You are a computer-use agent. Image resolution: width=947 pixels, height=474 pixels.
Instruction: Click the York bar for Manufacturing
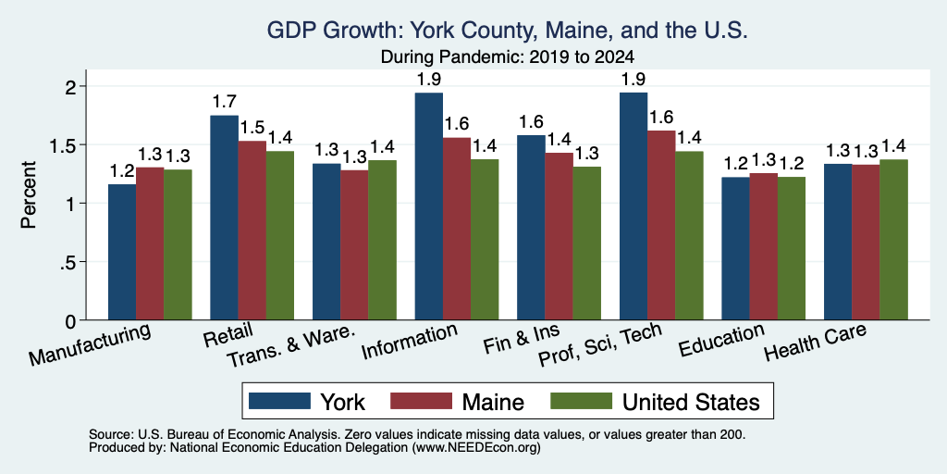(122, 252)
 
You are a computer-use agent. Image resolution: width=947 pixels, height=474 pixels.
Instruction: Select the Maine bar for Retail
(252, 231)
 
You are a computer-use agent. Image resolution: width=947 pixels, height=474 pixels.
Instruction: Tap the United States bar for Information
(485, 240)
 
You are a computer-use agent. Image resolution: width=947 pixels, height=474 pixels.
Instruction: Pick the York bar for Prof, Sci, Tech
(633, 206)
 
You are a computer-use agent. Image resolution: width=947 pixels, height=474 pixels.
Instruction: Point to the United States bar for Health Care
(893, 240)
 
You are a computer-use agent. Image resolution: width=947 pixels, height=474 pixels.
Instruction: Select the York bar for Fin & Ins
(531, 228)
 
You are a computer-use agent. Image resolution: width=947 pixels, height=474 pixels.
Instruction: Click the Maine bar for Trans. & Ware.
(354, 244)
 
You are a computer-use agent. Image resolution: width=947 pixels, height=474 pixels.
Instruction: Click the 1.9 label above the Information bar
(429, 79)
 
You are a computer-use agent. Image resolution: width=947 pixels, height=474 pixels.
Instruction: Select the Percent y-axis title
(29, 194)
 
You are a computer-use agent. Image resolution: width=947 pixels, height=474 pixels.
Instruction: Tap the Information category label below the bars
(409, 342)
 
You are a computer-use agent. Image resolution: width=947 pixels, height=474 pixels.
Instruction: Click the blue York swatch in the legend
(279, 401)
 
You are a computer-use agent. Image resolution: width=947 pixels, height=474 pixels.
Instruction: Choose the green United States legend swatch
(581, 401)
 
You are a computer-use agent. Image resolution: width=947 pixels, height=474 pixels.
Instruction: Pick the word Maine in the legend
(493, 402)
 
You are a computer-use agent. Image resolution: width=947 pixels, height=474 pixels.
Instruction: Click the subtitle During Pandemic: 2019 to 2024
(507, 57)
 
